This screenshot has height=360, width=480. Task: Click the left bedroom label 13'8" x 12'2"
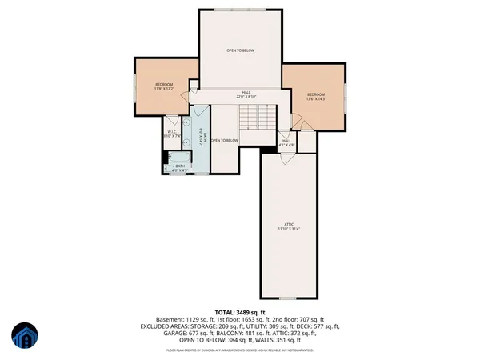164,86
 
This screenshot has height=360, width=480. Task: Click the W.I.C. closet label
173,135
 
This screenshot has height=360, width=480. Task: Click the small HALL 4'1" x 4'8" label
286,142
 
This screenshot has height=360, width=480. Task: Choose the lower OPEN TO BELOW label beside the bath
225,141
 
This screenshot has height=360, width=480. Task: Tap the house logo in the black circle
27,336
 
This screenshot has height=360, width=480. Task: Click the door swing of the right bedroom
296,120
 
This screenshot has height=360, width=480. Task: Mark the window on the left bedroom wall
133,88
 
